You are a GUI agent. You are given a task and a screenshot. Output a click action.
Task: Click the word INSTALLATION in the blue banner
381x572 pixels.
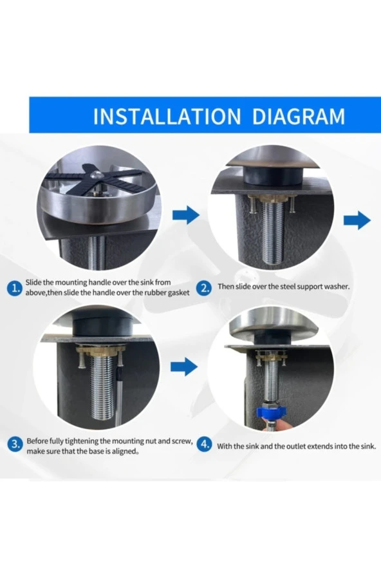click(x=167, y=117)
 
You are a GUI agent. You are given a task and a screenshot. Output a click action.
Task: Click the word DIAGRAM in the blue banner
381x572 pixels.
click(x=299, y=117)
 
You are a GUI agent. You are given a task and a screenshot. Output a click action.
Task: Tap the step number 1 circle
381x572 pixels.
click(x=15, y=289)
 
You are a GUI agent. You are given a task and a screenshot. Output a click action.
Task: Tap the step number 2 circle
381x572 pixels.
click(x=205, y=288)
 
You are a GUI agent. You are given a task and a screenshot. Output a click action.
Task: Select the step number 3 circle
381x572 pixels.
click(x=15, y=444)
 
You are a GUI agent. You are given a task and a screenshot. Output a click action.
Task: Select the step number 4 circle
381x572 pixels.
click(x=205, y=444)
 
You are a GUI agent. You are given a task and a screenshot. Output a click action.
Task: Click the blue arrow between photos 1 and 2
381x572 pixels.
click(x=186, y=215)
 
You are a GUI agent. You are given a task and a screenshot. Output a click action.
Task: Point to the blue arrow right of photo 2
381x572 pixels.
click(x=357, y=220)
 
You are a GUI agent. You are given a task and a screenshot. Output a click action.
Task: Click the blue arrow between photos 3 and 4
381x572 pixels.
click(x=184, y=367)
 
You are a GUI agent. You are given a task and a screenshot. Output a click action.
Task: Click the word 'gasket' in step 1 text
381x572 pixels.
click(x=179, y=293)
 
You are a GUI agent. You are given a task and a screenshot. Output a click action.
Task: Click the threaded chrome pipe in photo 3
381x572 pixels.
click(x=102, y=388)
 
